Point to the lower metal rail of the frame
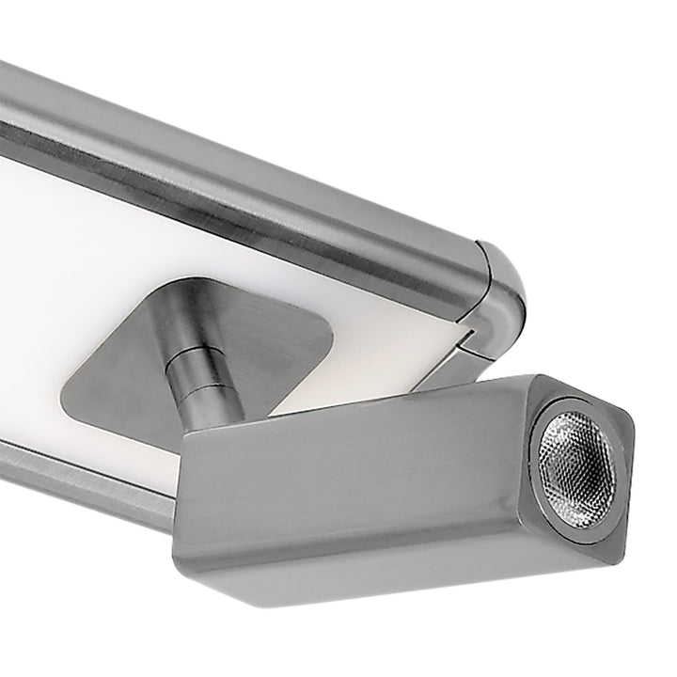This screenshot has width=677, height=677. coord(75,480)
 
